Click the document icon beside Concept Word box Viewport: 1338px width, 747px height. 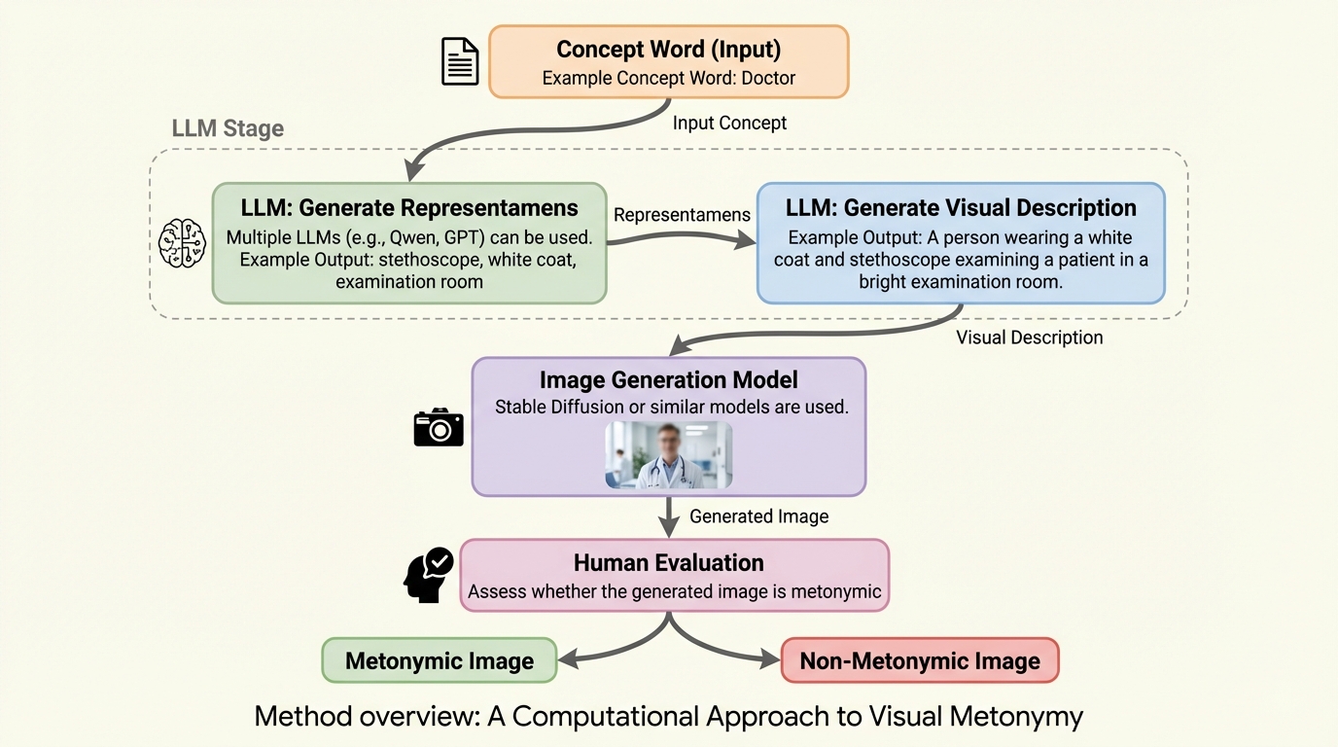(x=460, y=61)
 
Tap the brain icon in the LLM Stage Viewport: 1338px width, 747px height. (x=183, y=243)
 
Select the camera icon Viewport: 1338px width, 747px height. (x=439, y=427)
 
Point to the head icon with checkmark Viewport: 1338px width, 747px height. (x=428, y=575)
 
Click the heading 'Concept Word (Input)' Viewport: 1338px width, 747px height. (x=668, y=49)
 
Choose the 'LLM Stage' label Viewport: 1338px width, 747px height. (x=228, y=128)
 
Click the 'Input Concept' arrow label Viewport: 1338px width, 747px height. (x=729, y=123)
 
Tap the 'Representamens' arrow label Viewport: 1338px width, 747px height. (x=682, y=215)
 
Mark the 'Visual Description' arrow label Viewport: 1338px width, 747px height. (x=1029, y=338)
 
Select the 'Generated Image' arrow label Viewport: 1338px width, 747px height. (x=758, y=516)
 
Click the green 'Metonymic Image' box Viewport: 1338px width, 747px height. (x=440, y=661)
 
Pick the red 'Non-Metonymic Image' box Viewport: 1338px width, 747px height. (x=920, y=661)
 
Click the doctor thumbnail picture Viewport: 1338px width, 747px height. (x=669, y=454)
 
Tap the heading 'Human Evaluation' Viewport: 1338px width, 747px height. (x=668, y=562)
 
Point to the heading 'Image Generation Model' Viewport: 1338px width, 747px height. (x=668, y=380)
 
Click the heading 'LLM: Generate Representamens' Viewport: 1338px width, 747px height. (x=409, y=207)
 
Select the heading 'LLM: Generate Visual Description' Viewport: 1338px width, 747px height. (x=961, y=207)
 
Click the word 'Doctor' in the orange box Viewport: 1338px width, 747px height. (x=768, y=78)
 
